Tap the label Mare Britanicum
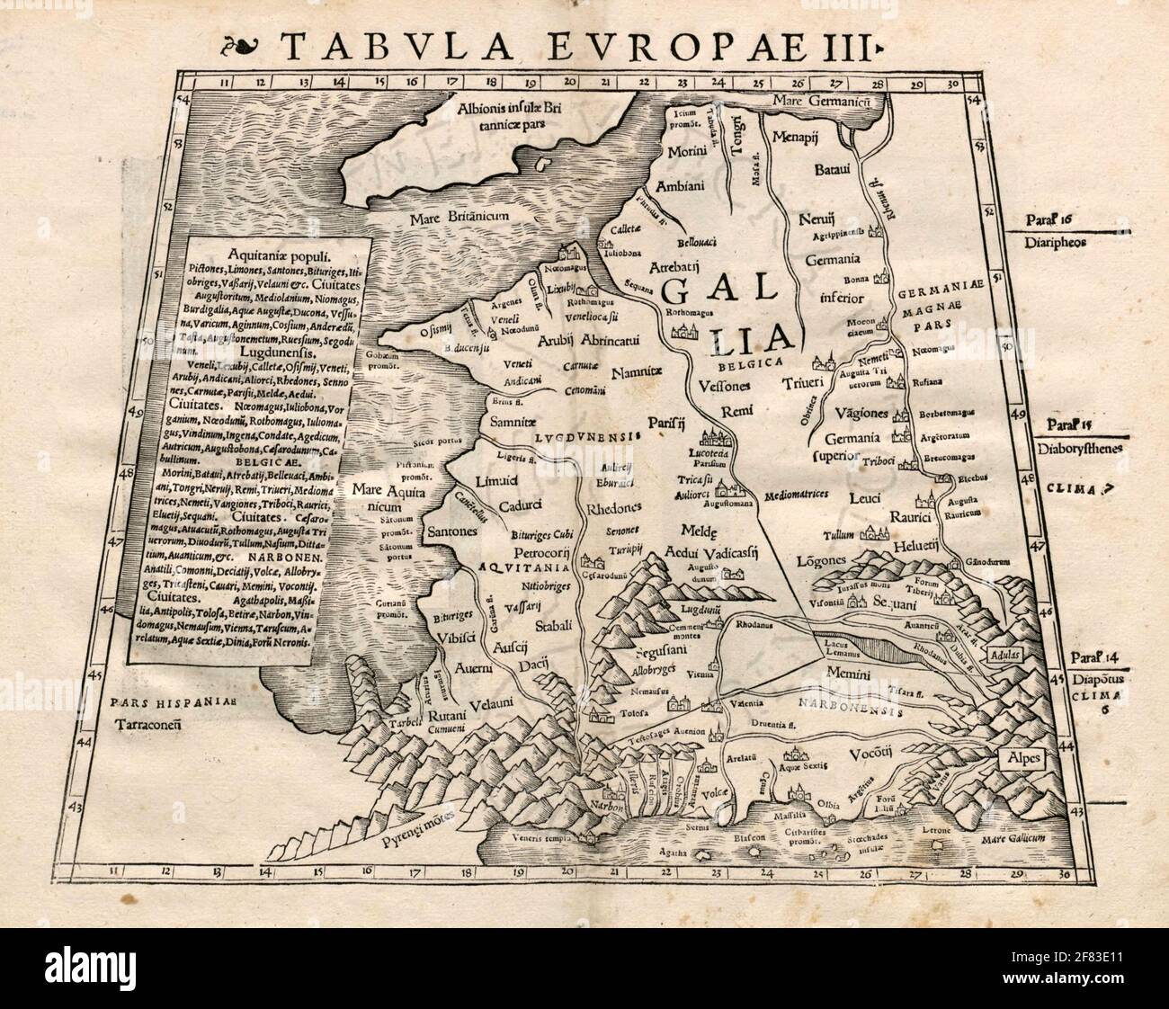pos(460,217)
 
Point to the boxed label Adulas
pos(1007,656)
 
